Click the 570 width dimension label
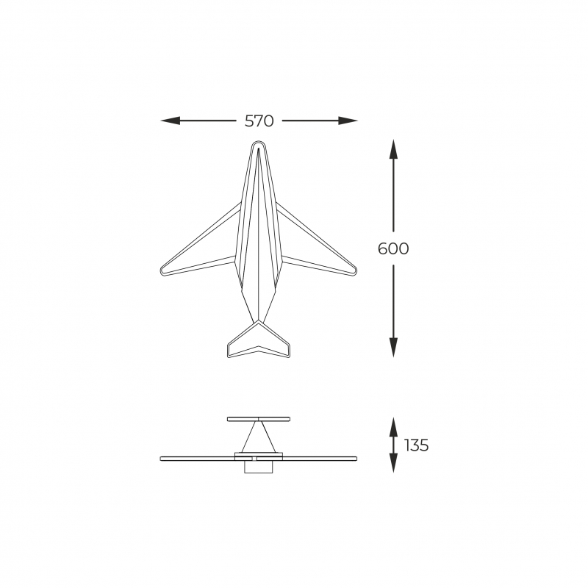tap(259, 121)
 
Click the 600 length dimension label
tap(393, 248)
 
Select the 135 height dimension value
tap(416, 445)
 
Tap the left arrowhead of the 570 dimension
tap(170, 121)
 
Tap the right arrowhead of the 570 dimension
tap(348, 121)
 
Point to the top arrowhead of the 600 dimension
tap(393, 148)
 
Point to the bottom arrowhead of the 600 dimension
tap(393, 347)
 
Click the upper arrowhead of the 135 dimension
tap(393, 427)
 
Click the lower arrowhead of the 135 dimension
tap(393, 463)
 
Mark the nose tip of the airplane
tap(258, 142)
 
